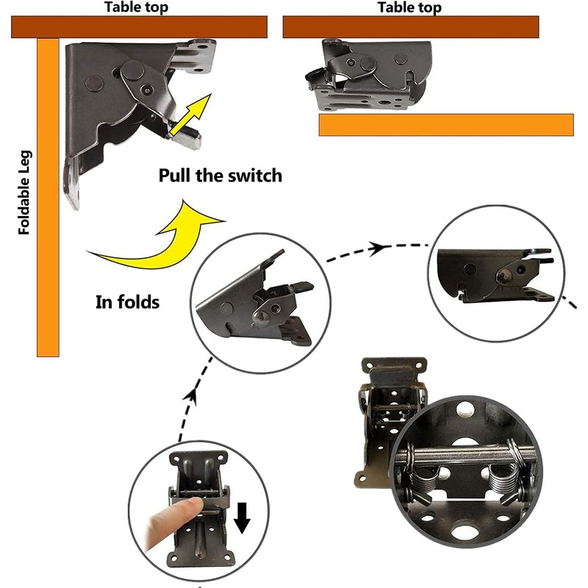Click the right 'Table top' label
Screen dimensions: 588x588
pyautogui.click(x=410, y=7)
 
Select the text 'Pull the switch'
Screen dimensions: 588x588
pyautogui.click(x=220, y=176)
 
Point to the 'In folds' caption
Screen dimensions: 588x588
pyautogui.click(x=127, y=301)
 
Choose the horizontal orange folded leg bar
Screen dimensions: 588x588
pyautogui.click(x=446, y=124)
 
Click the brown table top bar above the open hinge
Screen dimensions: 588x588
pyautogui.click(x=139, y=27)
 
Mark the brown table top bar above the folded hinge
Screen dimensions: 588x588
pyautogui.click(x=411, y=27)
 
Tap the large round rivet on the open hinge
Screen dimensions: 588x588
pyautogui.click(x=134, y=71)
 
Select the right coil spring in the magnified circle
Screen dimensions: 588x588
pyautogui.click(x=501, y=481)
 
